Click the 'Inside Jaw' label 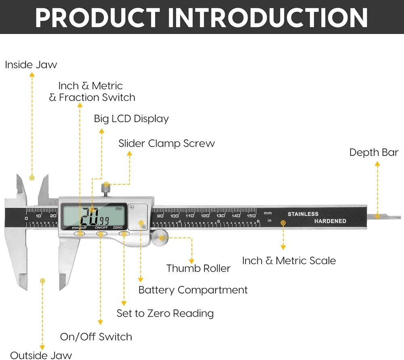coord(31,65)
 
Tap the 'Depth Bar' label coord(374,153)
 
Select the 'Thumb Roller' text coord(198,268)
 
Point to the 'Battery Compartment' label coord(193,290)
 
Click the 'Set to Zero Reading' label coord(165,314)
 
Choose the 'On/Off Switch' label coord(96,337)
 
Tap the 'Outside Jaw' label coord(41,355)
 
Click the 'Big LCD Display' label coord(131,119)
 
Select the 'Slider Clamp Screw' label coord(166,143)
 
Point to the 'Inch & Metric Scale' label coord(289,261)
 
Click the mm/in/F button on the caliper coord(80,233)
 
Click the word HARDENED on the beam coord(330,221)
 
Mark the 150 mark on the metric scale coord(251,216)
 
